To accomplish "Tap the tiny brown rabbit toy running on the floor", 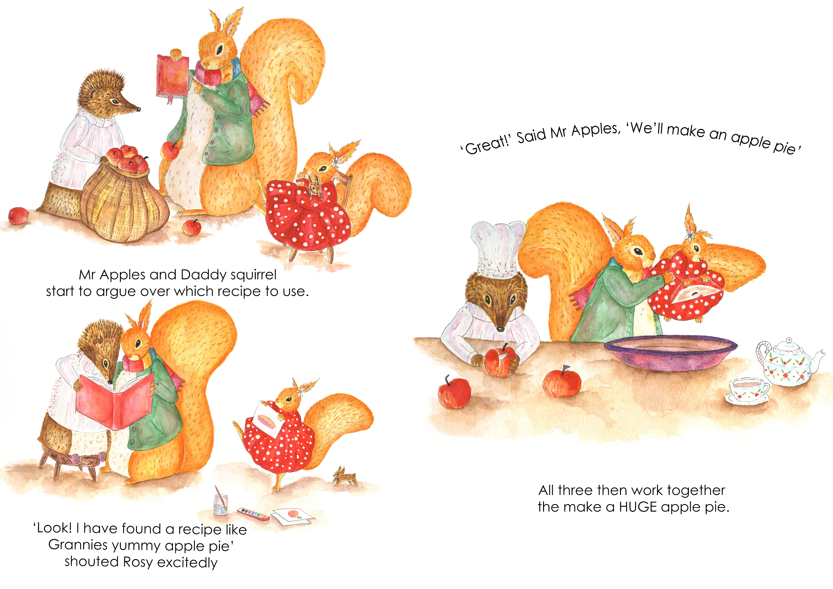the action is pos(344,476).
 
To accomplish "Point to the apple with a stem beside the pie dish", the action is pos(562,382).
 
